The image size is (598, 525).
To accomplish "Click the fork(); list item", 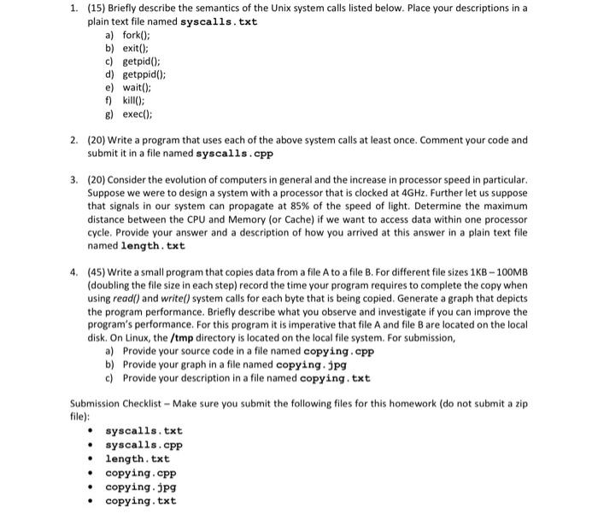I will click(132, 35).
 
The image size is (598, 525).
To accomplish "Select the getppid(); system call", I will click(139, 74).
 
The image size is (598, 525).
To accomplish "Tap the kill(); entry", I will click(131, 100).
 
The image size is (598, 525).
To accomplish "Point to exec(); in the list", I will click(135, 113).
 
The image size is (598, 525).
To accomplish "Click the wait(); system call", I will click(133, 87).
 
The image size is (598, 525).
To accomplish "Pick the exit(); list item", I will click(132, 48).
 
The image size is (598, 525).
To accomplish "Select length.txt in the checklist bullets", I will click(138, 459).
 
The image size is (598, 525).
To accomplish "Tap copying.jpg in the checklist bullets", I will click(141, 487).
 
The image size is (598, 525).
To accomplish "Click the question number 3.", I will click(75, 181).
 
